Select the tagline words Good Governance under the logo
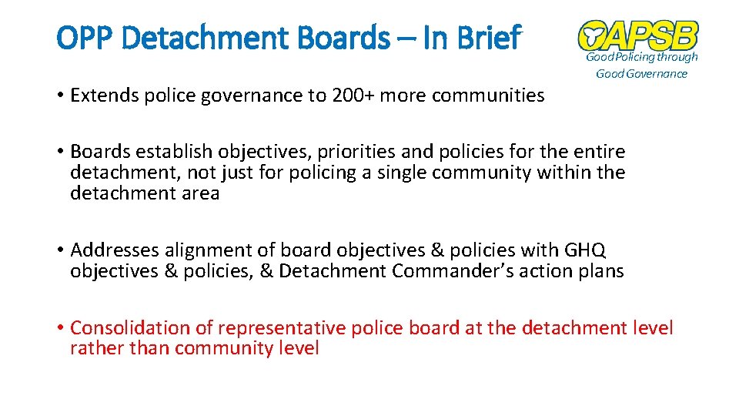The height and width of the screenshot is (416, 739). [641, 74]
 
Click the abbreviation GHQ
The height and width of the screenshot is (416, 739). [586, 250]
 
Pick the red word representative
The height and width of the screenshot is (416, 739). [282, 328]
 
